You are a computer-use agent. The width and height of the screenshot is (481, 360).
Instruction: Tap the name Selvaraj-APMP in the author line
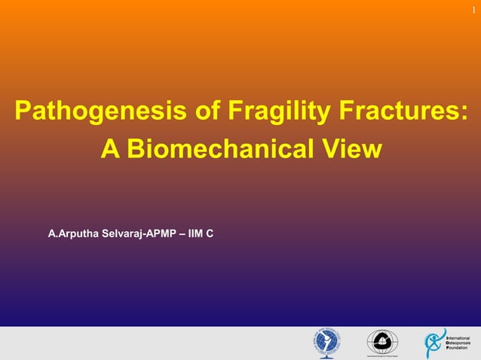point(136,234)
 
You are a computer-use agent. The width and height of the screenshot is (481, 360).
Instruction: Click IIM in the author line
point(195,234)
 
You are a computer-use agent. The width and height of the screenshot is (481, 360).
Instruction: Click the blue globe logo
point(327,343)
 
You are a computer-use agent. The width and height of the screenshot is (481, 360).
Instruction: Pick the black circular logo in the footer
point(380,343)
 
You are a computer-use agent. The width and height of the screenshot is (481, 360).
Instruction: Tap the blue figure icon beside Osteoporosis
point(435,343)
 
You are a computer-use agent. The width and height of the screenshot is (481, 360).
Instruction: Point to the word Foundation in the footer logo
point(457,349)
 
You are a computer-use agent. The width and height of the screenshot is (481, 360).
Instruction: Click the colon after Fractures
point(461,114)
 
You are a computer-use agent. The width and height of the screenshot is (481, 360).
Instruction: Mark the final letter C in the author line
point(210,234)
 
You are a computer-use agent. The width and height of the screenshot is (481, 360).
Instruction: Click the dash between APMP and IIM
point(182,234)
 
